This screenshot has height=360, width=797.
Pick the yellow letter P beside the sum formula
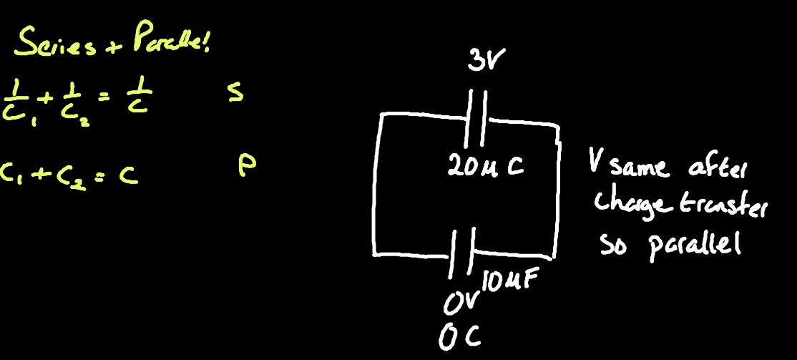click(245, 165)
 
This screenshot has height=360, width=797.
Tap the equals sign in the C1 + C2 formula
click(96, 173)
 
